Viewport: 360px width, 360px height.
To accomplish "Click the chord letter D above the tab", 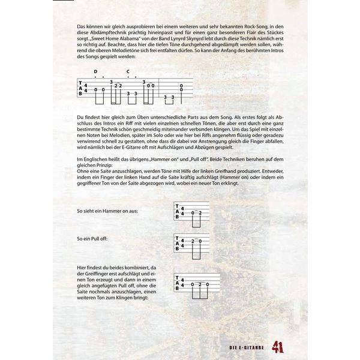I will point(96,71).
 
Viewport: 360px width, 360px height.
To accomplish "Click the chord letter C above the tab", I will point(128,71).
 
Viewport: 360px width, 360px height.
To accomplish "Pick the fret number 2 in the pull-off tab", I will point(192,241).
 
